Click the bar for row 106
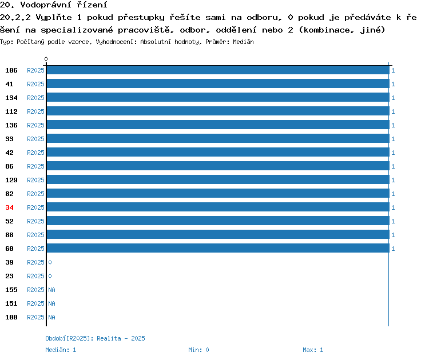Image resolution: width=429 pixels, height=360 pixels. tap(218, 70)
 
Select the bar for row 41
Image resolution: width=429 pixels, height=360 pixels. tap(218, 83)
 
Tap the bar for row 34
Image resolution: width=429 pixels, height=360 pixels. tap(218, 207)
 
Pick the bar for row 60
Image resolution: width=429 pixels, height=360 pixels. tap(218, 248)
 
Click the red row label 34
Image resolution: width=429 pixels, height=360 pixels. tap(9, 207)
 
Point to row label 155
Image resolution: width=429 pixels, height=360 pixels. tap(11, 290)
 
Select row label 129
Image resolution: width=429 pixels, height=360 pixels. tap(11, 180)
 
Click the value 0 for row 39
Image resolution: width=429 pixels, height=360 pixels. tap(50, 262)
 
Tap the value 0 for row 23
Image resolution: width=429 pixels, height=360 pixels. tap(50, 276)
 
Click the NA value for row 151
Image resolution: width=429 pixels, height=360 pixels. tap(51, 303)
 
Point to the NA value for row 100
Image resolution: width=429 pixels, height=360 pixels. tap(51, 317)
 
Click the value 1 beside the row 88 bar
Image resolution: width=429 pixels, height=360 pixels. tap(393, 235)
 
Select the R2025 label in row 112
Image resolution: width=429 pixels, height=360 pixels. tap(35, 111)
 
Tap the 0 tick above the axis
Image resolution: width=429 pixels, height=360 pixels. tap(46, 59)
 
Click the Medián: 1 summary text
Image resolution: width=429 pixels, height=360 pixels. tap(61, 350)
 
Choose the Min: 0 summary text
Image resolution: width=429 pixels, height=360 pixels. tap(198, 350)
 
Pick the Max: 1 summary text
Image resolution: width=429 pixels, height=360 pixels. tap(313, 350)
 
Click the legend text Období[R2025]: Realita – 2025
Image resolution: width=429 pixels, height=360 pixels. tap(95, 338)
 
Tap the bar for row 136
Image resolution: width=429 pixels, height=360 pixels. tap(218, 125)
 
